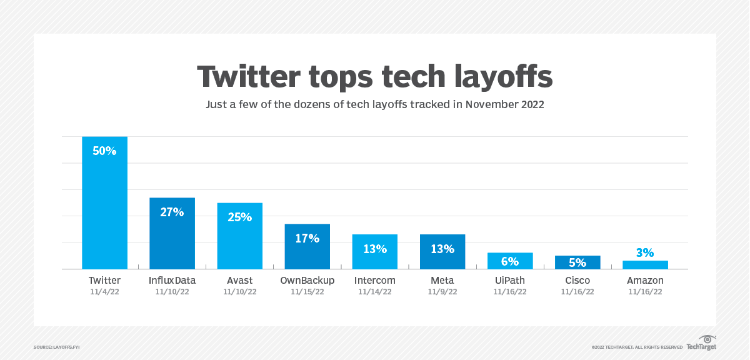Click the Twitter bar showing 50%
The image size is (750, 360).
pos(104,203)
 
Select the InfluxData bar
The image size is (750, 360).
pos(172,234)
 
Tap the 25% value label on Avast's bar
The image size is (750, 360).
pos(240,217)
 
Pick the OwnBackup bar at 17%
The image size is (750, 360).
pos(307,246)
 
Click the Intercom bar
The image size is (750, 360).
pos(374,252)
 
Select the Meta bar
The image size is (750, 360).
pos(442,252)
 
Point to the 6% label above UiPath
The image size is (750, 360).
pos(510,261)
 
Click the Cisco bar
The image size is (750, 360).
pos(577,262)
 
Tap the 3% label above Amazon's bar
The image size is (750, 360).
pos(645,253)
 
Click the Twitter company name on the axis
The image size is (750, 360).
pos(104,281)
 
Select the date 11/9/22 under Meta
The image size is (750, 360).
pos(442,292)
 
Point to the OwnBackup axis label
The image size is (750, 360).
pos(307,281)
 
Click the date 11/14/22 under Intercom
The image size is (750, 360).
pos(374,292)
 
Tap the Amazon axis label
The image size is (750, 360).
pos(645,281)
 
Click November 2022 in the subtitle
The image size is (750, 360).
pos(504,104)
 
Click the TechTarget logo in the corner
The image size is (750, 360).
pos(701,343)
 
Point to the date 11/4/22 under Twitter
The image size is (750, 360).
pos(104,292)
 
